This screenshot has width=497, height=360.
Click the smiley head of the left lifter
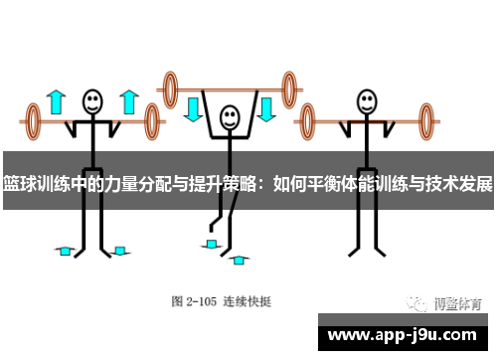pos(92,100)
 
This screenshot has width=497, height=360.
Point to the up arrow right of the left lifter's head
pos(127,101)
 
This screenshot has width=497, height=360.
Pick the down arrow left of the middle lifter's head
pos(193,107)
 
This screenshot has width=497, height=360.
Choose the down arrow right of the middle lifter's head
pos(266,107)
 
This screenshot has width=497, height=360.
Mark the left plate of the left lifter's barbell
pos(33,122)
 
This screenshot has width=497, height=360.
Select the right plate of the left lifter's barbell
pos(152,122)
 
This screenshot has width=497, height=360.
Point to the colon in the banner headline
pos(260,183)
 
